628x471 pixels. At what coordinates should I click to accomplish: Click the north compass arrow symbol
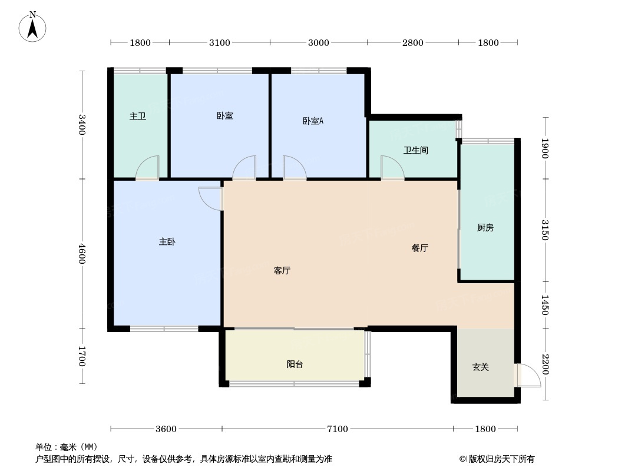[32, 27]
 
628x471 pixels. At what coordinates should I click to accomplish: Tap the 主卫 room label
[137, 117]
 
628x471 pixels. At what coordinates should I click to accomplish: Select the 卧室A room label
[313, 121]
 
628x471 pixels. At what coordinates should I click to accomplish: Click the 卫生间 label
[416, 151]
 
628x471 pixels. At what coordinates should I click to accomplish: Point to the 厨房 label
[485, 228]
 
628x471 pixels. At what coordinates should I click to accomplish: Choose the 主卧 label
[167, 242]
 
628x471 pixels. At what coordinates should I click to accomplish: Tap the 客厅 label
[282, 270]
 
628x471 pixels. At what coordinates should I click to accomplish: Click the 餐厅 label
[419, 248]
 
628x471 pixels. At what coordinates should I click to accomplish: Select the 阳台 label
[295, 364]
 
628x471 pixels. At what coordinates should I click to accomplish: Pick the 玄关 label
[481, 367]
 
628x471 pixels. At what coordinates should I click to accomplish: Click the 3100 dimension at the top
[220, 42]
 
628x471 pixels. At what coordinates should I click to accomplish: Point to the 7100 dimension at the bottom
[337, 429]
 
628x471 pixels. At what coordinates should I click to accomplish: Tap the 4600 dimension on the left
[82, 254]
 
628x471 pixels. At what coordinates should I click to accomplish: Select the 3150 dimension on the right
[545, 230]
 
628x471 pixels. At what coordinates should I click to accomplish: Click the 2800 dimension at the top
[412, 42]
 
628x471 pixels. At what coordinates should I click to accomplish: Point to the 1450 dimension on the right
[545, 305]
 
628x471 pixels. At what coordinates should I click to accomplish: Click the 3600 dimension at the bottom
[166, 429]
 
